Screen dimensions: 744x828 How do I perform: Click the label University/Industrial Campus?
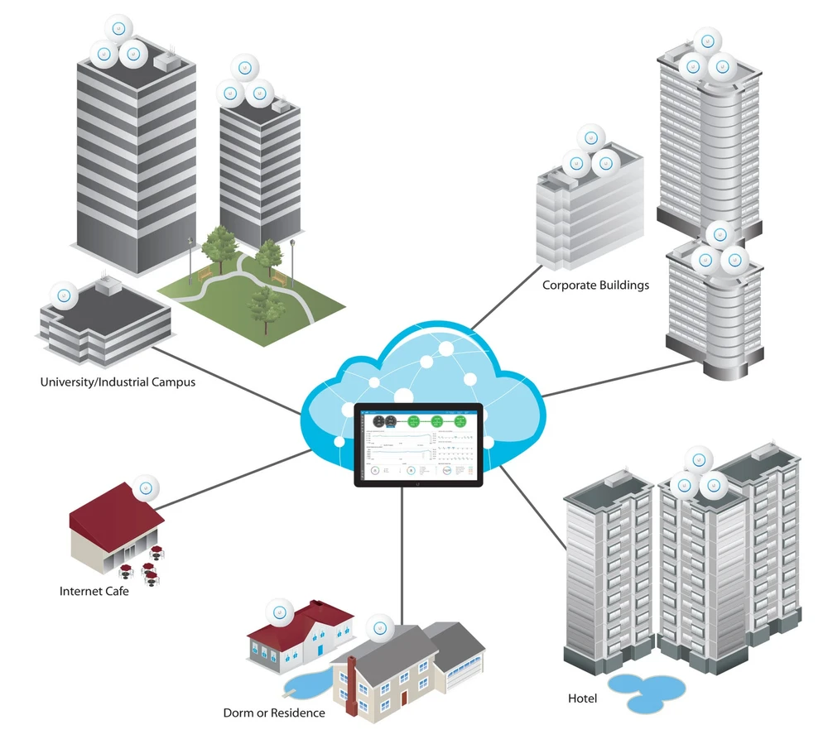pyautogui.click(x=118, y=382)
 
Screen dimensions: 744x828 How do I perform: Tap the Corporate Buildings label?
pyautogui.click(x=595, y=286)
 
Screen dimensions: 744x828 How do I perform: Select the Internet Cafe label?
pyautogui.click(x=94, y=592)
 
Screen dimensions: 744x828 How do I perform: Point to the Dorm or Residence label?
pyautogui.click(x=274, y=713)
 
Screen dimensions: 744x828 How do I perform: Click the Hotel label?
pyautogui.click(x=582, y=698)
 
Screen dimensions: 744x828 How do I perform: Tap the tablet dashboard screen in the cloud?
pyautogui.click(x=418, y=444)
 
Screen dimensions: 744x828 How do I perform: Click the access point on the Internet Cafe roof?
pyautogui.click(x=146, y=487)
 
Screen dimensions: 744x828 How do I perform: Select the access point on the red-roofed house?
pyautogui.click(x=280, y=615)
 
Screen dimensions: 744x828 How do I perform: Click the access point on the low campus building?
pyautogui.click(x=64, y=295)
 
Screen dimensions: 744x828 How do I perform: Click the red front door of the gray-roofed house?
pyautogui.click(x=404, y=698)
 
